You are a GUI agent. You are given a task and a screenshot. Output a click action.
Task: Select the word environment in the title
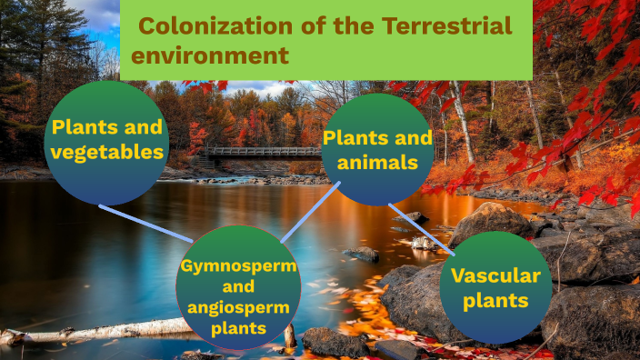click(x=210, y=55)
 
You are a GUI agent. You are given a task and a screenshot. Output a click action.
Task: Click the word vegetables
click(x=106, y=152)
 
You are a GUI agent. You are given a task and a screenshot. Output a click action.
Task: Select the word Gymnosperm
click(x=237, y=266)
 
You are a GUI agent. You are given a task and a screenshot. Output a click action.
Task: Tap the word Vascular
click(x=496, y=276)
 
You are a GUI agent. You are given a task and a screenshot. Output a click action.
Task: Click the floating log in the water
click(x=100, y=330)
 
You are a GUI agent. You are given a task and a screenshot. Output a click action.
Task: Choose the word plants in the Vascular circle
click(x=495, y=302)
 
